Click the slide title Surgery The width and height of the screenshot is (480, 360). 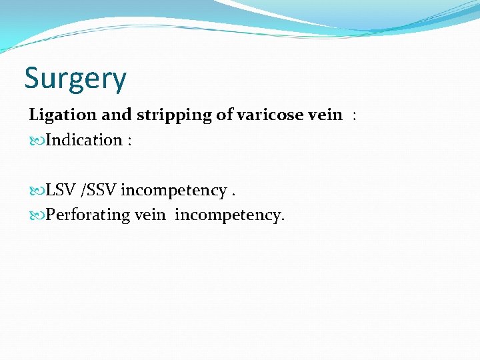coord(75,79)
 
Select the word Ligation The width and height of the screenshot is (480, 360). coord(63,115)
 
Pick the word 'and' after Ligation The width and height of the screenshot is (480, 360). coord(116,114)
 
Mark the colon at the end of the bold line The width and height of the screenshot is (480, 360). coord(355,115)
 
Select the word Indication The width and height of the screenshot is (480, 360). coord(84,140)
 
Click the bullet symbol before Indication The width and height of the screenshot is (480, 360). coord(37,141)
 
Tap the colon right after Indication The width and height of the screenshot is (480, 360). coord(129,141)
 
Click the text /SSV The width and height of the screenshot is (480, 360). coord(99,191)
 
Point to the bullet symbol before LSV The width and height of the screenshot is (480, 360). coord(37,191)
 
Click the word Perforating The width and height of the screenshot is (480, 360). coord(87,216)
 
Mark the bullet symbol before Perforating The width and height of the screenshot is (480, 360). coord(37,216)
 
